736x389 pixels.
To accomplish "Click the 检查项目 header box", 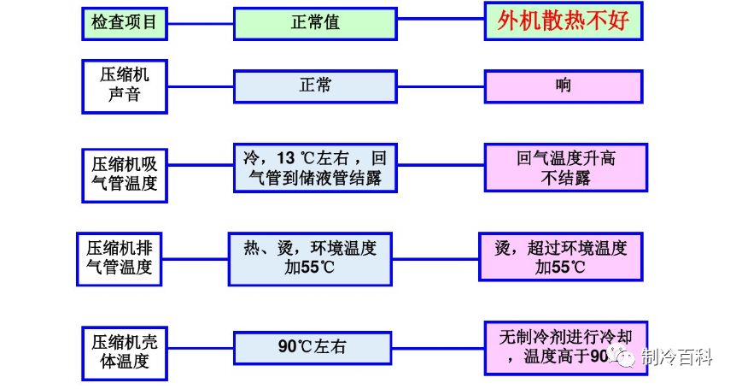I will point(125,23).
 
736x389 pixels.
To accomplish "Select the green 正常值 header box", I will point(315,23).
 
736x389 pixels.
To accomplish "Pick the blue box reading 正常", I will point(315,86).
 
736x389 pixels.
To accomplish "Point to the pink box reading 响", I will point(563,86).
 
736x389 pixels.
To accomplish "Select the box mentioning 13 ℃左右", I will point(315,167).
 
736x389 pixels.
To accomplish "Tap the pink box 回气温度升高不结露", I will point(563,168).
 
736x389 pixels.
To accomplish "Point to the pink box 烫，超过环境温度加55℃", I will point(560,257).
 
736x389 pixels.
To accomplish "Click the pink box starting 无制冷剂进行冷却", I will point(564,347).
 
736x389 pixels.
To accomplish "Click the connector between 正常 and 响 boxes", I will point(441,86).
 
